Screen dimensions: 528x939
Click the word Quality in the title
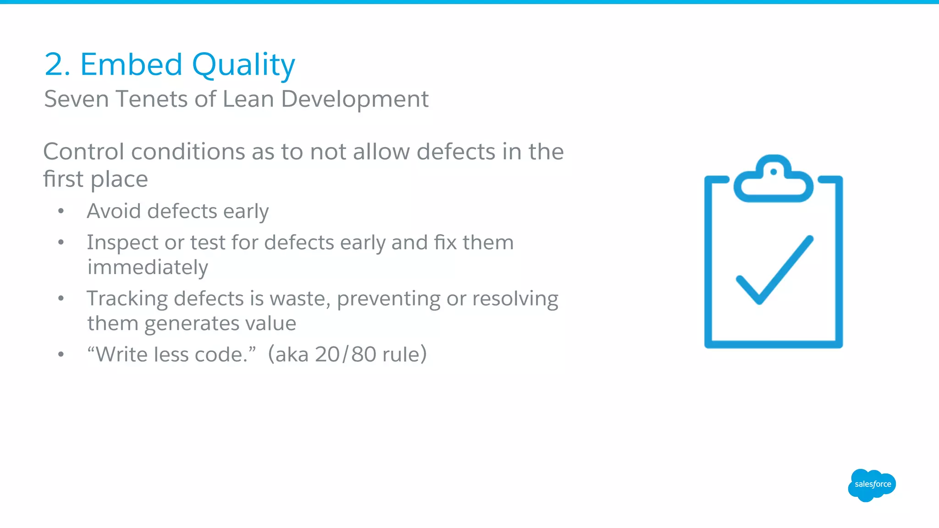tap(243, 65)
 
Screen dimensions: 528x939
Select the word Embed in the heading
tap(131, 65)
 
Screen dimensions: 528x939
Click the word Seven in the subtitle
tap(77, 99)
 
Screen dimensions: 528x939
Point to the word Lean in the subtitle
tap(248, 99)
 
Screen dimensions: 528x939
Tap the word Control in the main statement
tap(83, 152)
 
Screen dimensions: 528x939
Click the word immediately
tap(148, 267)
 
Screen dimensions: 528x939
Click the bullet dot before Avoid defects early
tap(61, 211)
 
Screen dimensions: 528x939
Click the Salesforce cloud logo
tap(872, 484)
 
